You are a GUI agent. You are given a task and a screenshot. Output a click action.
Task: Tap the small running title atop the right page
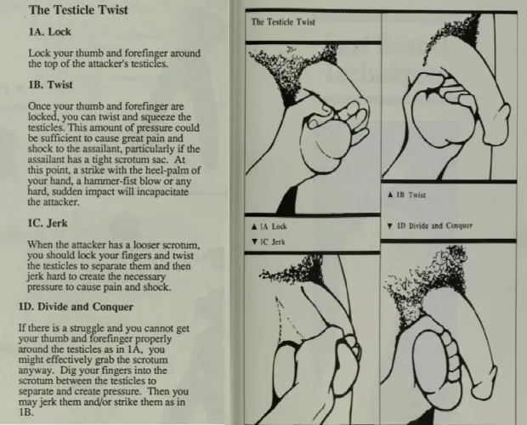283,22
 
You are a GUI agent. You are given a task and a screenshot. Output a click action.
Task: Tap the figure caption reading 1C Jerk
274,242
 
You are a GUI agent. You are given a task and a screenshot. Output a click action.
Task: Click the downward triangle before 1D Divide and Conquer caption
388,226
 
